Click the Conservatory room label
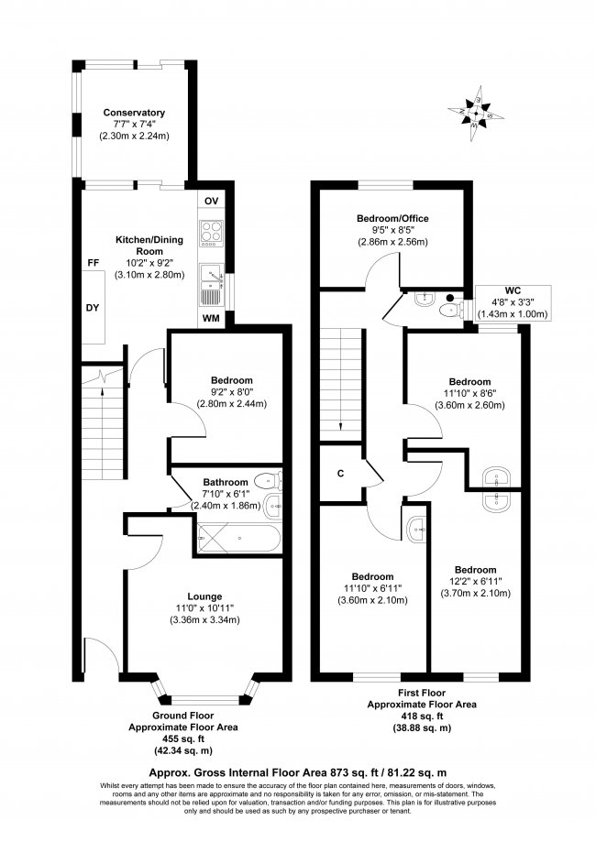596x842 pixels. (x=133, y=113)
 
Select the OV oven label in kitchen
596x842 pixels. (x=210, y=201)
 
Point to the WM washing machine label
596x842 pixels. (x=210, y=319)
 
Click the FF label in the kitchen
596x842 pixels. (x=93, y=263)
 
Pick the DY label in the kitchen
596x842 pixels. (x=93, y=308)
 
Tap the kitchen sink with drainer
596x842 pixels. (x=210, y=283)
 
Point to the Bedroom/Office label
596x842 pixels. (x=392, y=219)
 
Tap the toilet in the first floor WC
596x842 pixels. (x=448, y=311)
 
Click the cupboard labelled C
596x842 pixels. (x=340, y=474)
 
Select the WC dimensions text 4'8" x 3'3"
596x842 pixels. (x=513, y=301)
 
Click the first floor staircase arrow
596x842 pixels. (x=341, y=423)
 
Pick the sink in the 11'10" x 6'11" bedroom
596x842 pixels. (x=419, y=526)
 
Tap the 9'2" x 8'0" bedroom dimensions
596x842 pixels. (x=225, y=392)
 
